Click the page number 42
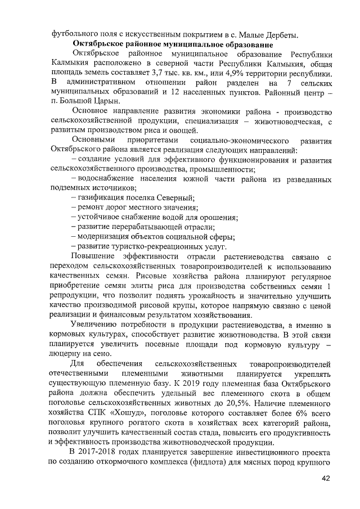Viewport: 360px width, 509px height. (325, 479)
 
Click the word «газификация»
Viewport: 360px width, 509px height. (103, 197)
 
